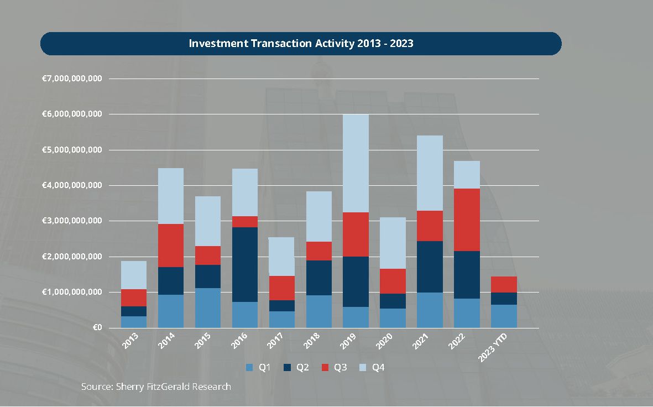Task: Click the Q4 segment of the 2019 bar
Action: point(355,163)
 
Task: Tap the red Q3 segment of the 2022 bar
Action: point(466,220)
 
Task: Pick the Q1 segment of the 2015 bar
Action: point(207,308)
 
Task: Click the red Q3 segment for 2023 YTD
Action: point(503,284)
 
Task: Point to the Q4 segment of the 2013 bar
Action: point(133,275)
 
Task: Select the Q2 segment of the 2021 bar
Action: point(429,267)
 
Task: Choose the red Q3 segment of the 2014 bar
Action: point(170,246)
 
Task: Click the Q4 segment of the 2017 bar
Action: point(281,257)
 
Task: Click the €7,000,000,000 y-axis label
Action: point(72,79)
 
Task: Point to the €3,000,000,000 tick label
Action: point(72,221)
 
